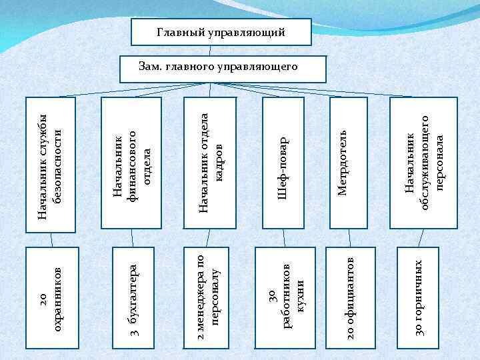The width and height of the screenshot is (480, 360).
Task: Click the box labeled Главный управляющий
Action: pos(221,32)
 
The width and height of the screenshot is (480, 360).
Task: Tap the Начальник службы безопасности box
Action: pos(51,165)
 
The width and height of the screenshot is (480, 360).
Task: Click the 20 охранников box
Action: pos(51,297)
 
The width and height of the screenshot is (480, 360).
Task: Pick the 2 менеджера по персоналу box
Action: pos(206,297)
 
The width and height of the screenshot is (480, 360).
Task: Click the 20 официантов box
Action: pos(350,297)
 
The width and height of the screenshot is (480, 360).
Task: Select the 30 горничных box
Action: pos(418,297)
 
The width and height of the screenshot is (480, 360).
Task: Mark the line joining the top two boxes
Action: pos(221,51)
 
